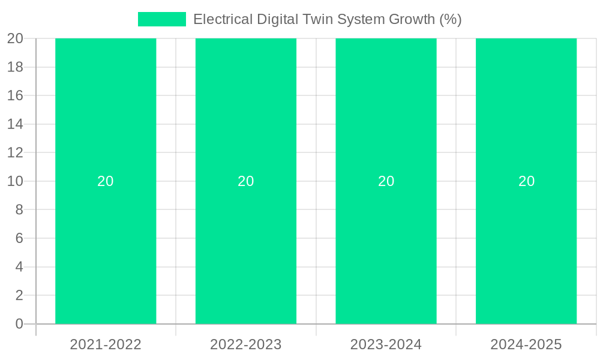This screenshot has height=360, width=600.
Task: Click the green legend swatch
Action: (162, 19)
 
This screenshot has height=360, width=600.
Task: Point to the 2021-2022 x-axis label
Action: (106, 344)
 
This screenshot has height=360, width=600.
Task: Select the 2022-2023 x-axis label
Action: (246, 344)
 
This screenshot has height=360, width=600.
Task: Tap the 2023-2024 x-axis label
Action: (386, 344)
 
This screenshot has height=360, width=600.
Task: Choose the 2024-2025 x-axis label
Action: (526, 344)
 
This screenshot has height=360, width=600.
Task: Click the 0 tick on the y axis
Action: (19, 324)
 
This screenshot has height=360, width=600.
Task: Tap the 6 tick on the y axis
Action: (19, 238)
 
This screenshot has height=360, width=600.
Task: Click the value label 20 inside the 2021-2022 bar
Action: (106, 181)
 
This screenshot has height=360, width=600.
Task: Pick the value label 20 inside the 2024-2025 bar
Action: (526, 181)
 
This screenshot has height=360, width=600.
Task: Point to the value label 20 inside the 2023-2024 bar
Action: (386, 181)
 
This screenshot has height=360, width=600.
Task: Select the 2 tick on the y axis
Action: (19, 295)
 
